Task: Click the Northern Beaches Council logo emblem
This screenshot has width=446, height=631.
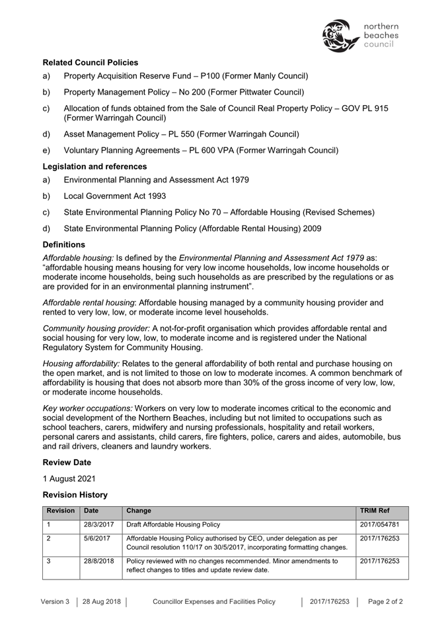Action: pyautogui.click(x=341, y=36)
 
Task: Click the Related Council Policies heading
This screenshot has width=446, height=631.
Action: pyautogui.click(x=91, y=62)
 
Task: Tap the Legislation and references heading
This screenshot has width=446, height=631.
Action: pyautogui.click(x=94, y=167)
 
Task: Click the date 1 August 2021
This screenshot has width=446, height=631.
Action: pyautogui.click(x=69, y=478)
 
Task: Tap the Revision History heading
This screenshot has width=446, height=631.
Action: pyautogui.click(x=75, y=494)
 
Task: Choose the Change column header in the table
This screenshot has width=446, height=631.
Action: pyautogui.click(x=138, y=511)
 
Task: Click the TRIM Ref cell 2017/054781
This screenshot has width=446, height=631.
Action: pyautogui.click(x=380, y=525)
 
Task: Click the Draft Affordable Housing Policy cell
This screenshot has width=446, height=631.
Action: pyautogui.click(x=172, y=525)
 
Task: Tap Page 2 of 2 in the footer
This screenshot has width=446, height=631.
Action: pyautogui.click(x=386, y=602)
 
